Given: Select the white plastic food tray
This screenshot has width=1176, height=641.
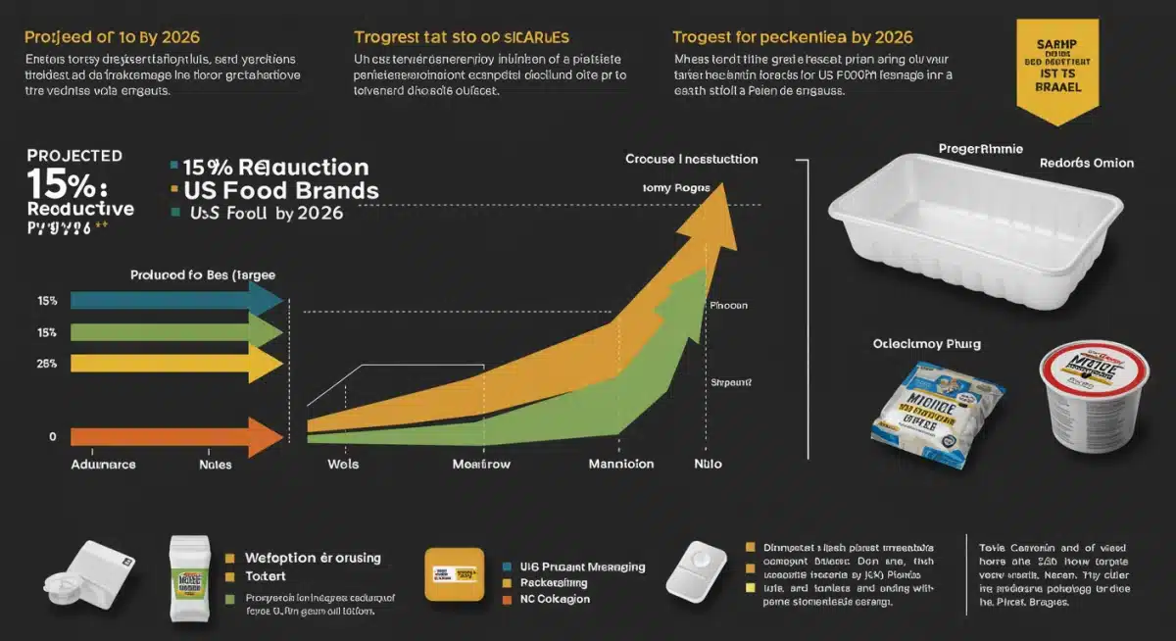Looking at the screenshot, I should [x=975, y=234].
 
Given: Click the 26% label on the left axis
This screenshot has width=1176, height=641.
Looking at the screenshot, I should [x=47, y=364].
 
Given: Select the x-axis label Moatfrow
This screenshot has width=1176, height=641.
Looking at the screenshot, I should [x=480, y=464].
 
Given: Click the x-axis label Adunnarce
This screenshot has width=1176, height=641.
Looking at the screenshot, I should [x=104, y=464].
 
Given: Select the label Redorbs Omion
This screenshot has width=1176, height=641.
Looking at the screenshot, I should [x=1086, y=163].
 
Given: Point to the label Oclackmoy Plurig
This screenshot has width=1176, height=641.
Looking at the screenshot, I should [x=927, y=344].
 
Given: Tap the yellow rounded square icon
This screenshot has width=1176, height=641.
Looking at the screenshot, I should [x=455, y=574].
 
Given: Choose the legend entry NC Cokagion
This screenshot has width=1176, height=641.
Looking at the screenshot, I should [x=555, y=599].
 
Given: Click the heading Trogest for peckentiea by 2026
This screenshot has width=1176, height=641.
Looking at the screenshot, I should [x=792, y=37].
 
